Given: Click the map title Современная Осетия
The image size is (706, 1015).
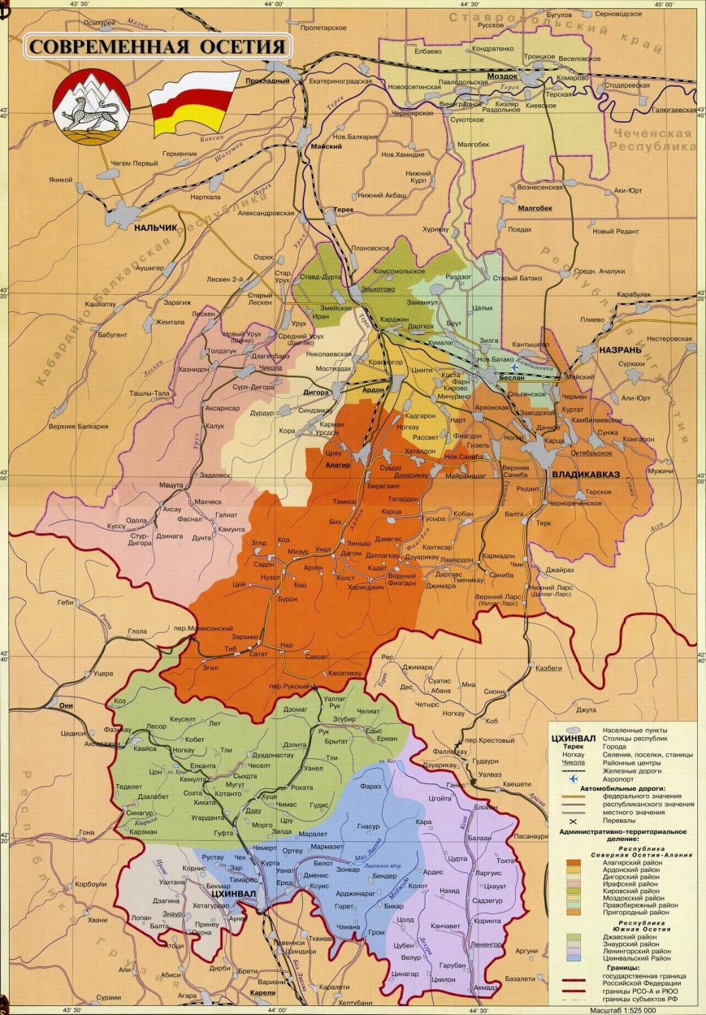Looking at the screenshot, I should tap(158, 46).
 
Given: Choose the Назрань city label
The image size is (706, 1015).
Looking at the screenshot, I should tap(620, 350).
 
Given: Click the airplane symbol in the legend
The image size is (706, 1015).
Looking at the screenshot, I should tap(573, 778).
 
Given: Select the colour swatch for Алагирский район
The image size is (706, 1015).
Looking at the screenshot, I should tap(573, 862).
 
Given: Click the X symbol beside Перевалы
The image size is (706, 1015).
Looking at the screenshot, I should tap(573, 819).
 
